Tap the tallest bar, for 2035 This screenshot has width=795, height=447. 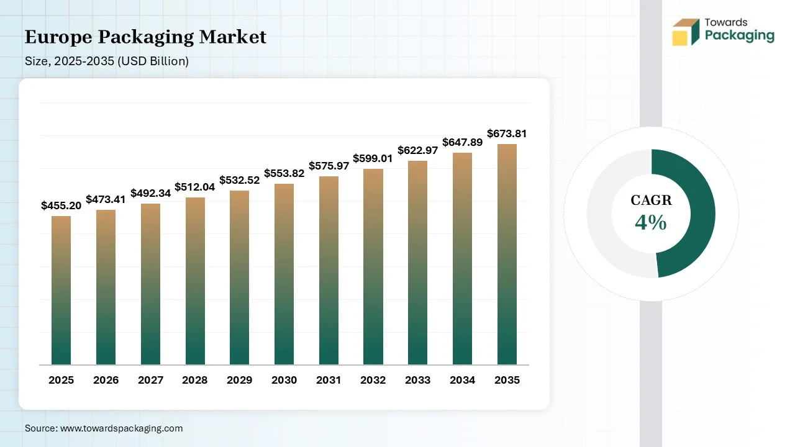507,255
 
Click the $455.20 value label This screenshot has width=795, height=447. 61,205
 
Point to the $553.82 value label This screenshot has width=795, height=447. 284,173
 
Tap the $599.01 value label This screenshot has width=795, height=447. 373,158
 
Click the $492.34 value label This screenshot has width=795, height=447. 150,193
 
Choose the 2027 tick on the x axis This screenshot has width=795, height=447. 150,380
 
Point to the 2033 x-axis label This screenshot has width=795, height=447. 417,380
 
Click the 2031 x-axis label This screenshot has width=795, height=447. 329,380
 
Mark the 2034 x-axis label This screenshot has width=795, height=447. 462,380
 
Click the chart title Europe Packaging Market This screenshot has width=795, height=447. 145,37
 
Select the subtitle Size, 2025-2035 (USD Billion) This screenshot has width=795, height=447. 106,61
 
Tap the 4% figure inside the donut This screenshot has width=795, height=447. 651,222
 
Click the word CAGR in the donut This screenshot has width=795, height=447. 651,200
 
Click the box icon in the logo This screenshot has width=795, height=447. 685,32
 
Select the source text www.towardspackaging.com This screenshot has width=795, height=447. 120,428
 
